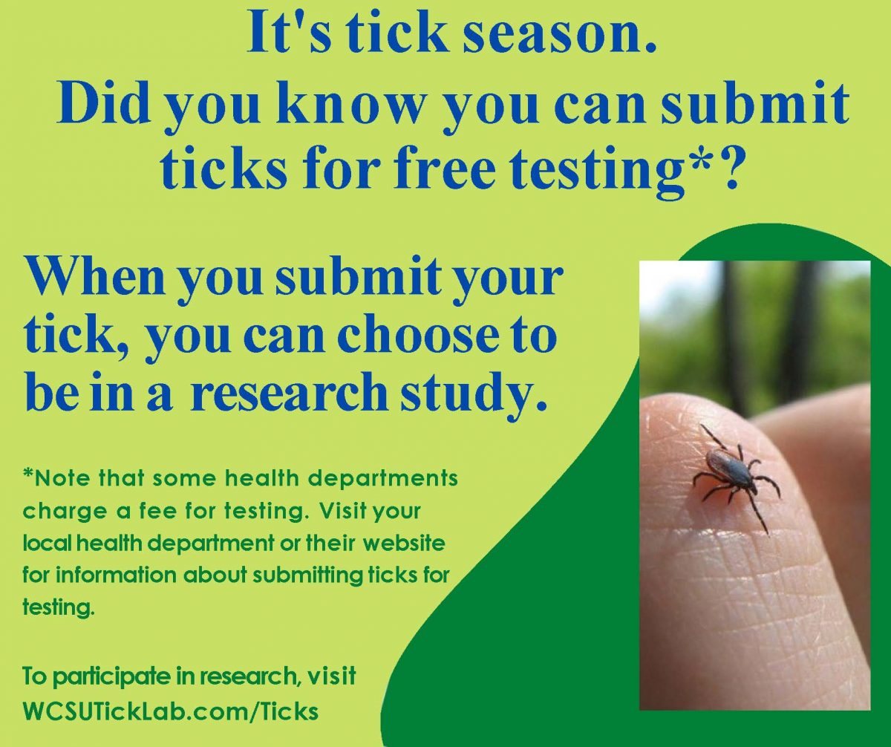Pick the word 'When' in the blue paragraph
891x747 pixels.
[x=95, y=278]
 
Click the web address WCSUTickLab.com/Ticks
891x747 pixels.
[x=171, y=711]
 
